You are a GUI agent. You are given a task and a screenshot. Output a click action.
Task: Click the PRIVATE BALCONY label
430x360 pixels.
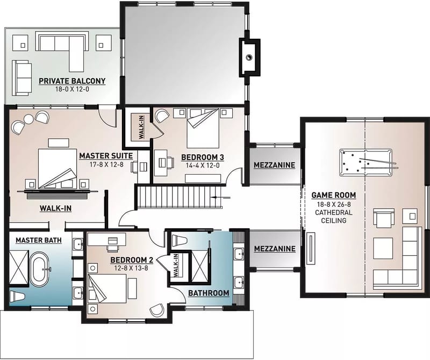coord(71,81)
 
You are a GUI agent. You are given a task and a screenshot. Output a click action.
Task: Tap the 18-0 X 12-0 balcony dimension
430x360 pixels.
coord(71,90)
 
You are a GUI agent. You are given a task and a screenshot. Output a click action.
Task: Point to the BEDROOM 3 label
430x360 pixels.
coord(202,157)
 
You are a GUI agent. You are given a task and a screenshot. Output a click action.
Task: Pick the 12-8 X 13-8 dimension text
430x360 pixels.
coord(132,268)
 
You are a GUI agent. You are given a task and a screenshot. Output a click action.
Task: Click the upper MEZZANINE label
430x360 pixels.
coord(275,165)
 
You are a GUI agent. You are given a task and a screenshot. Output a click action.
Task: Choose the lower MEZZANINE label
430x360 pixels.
coord(275,249)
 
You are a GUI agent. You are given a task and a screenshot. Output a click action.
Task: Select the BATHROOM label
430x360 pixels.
coord(208,293)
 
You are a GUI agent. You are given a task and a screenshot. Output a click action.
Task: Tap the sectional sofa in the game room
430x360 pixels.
coord(400,263)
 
